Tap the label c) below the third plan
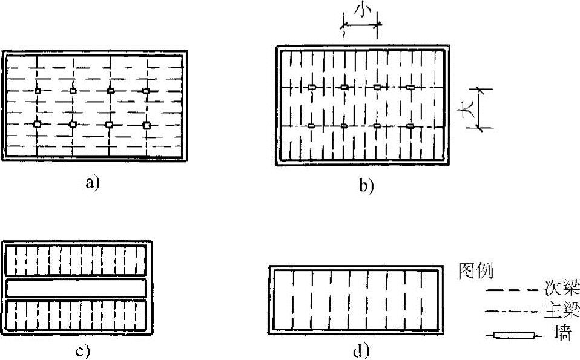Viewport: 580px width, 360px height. pos(82,351)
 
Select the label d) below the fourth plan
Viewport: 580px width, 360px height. pos(361,350)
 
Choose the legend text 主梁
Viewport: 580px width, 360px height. pos(565,312)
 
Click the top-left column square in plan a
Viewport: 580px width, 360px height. pos(38,91)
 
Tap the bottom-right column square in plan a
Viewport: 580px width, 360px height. pos(147,125)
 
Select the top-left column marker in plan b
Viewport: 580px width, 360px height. pos(311,87)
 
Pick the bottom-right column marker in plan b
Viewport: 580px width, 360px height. pos(410,126)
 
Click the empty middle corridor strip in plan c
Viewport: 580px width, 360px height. pos(76,289)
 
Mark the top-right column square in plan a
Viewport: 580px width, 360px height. pos(146,91)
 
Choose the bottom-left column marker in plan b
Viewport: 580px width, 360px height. pos(311,126)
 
